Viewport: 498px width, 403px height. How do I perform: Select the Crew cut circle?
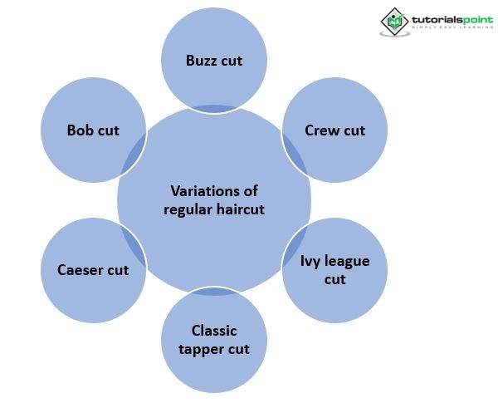point(335,130)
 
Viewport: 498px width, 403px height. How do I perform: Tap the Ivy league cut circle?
point(335,270)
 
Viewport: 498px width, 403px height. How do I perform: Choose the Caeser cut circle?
point(93,270)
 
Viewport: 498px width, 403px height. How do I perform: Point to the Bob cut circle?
point(93,130)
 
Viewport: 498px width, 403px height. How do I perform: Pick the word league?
point(347,262)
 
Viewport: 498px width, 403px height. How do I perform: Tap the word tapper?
point(201,348)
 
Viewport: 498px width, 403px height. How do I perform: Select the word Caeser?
point(81,270)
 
